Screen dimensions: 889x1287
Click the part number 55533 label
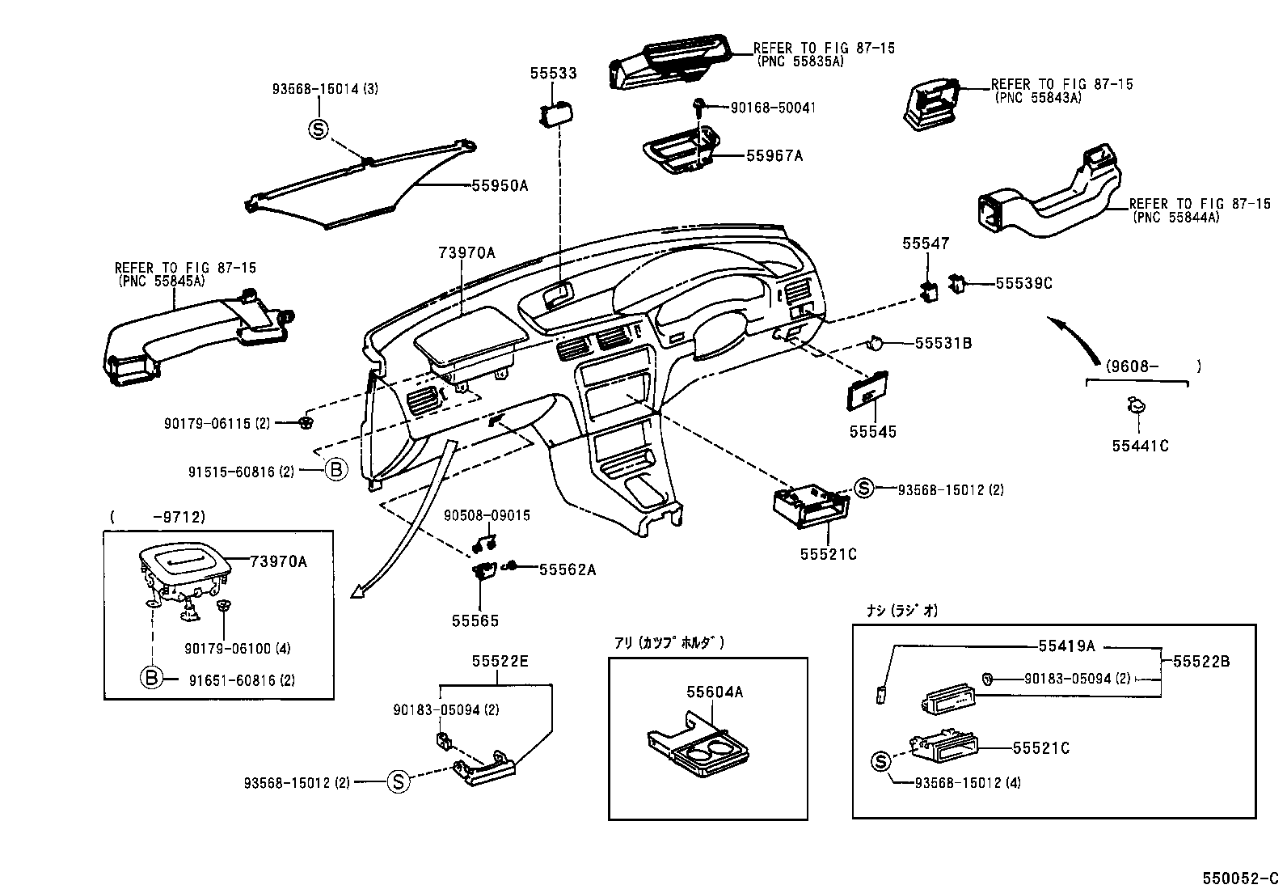click(x=553, y=74)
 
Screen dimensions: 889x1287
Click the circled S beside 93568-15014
click(x=319, y=128)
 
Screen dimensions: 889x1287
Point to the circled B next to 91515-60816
click(x=336, y=469)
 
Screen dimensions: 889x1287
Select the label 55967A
click(x=774, y=155)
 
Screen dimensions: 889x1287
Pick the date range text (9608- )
click(x=1141, y=366)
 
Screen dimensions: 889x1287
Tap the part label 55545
click(x=872, y=432)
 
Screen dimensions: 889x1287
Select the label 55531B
click(x=943, y=343)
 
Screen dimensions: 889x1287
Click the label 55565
click(x=475, y=620)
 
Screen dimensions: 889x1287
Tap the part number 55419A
click(x=1066, y=646)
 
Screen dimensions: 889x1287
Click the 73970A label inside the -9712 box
click(x=278, y=561)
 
